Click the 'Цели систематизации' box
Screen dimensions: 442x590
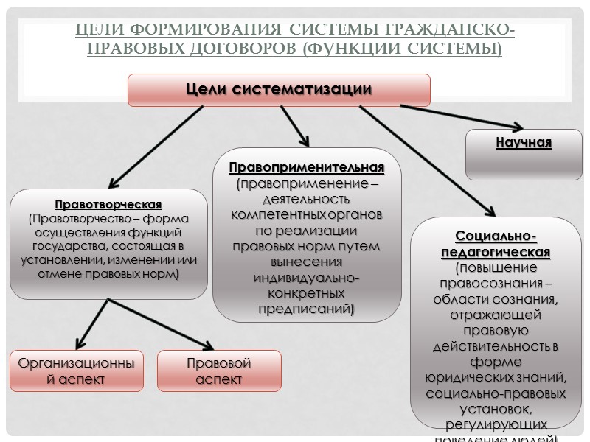point(279,90)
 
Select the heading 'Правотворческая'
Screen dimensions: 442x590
point(108,204)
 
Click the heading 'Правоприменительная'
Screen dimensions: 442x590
point(306,168)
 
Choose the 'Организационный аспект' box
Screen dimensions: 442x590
point(77,371)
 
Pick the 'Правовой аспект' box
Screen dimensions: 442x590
point(218,371)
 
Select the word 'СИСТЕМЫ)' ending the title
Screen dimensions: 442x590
point(461,49)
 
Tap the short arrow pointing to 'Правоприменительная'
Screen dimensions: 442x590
point(294,125)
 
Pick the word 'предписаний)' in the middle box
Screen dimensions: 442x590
point(306,309)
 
